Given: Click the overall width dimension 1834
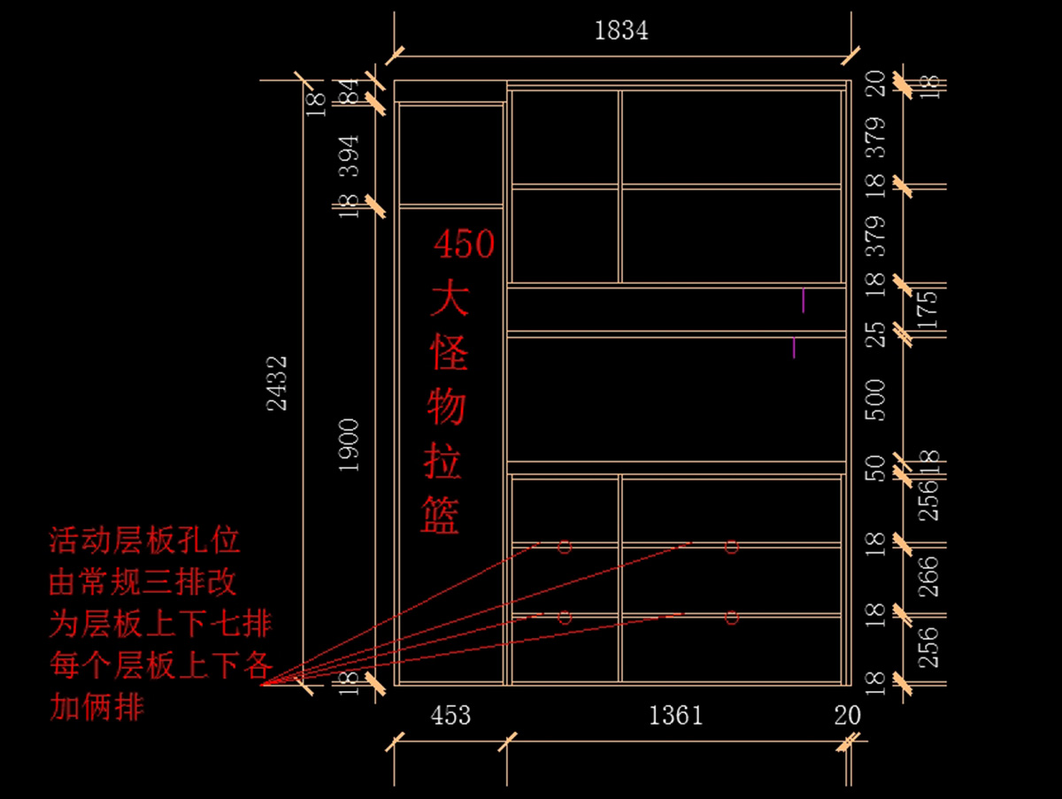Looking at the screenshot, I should [x=621, y=31].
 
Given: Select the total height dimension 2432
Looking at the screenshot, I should [x=277, y=382].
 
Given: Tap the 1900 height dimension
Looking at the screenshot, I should [x=350, y=444].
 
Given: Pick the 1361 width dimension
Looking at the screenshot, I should [x=675, y=715].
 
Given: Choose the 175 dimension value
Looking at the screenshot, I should [x=927, y=309].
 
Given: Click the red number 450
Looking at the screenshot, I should [x=464, y=244].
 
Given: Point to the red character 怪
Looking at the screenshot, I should [x=449, y=353].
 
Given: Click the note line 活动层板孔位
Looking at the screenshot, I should [x=145, y=540].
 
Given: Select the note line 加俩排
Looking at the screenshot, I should [x=96, y=708].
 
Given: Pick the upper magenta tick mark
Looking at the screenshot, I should [x=804, y=299].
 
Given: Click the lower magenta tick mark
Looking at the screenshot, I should [x=794, y=347].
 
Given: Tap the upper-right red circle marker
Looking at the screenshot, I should [x=731, y=547].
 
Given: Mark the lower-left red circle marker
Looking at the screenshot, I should [x=565, y=617].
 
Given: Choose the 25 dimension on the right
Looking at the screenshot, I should [x=874, y=334].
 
